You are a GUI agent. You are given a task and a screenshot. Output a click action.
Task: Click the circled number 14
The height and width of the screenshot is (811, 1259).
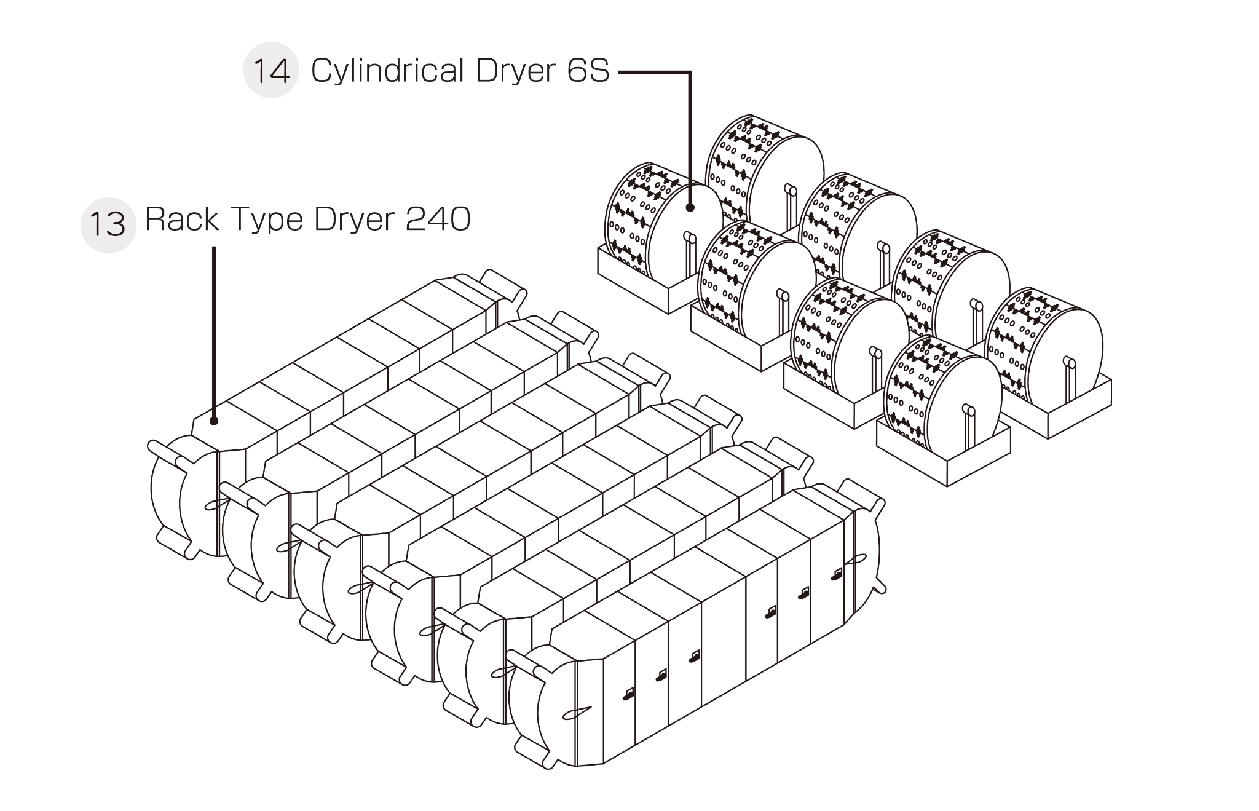coord(271,70)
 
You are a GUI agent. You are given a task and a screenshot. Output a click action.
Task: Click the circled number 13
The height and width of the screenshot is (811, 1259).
coord(108,225)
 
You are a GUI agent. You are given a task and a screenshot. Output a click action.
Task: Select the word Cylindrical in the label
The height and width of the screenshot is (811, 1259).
coord(387,71)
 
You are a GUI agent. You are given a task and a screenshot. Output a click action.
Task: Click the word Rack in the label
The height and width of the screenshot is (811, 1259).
coord(181,219)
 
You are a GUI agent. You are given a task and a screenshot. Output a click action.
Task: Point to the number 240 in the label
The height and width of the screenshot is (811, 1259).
coord(438,219)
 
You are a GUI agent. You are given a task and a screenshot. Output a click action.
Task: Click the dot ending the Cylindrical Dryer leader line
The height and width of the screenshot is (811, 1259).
coord(690,208)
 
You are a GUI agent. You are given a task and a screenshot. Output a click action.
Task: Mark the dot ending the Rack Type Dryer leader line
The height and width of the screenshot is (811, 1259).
coord(214,421)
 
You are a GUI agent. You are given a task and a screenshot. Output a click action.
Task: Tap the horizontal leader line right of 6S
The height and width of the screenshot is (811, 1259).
coord(652,72)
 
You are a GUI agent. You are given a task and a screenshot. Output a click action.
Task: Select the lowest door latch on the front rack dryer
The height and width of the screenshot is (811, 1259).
coord(628,695)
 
